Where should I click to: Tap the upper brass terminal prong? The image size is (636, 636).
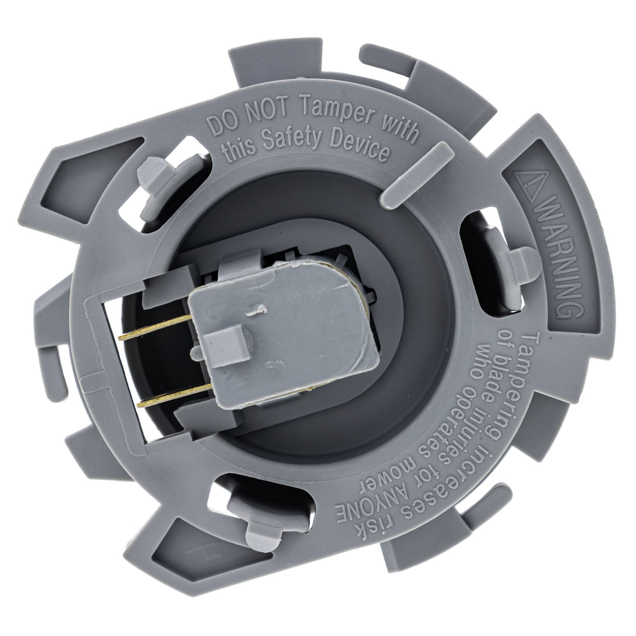coord(155,327)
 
